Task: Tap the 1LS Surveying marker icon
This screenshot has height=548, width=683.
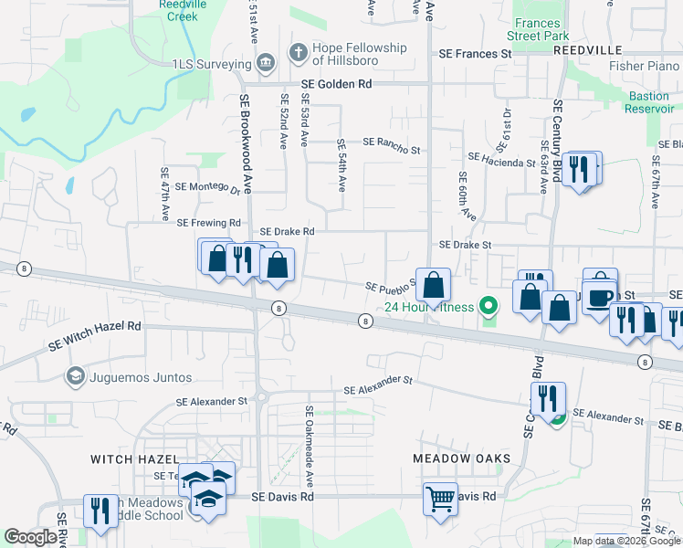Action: tap(265, 64)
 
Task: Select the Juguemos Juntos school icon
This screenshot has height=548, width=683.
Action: tap(75, 376)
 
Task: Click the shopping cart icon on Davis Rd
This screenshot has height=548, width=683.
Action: tap(440, 499)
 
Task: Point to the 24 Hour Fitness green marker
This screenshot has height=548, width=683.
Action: tap(489, 307)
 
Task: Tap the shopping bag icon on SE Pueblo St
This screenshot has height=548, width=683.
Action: tap(436, 285)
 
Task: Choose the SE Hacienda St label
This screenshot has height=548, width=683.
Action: tap(501, 161)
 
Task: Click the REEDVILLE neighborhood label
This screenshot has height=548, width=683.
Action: tap(586, 51)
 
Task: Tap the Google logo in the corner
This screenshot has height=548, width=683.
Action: tap(31, 537)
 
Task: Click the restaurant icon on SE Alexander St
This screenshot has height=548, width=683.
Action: tap(547, 399)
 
